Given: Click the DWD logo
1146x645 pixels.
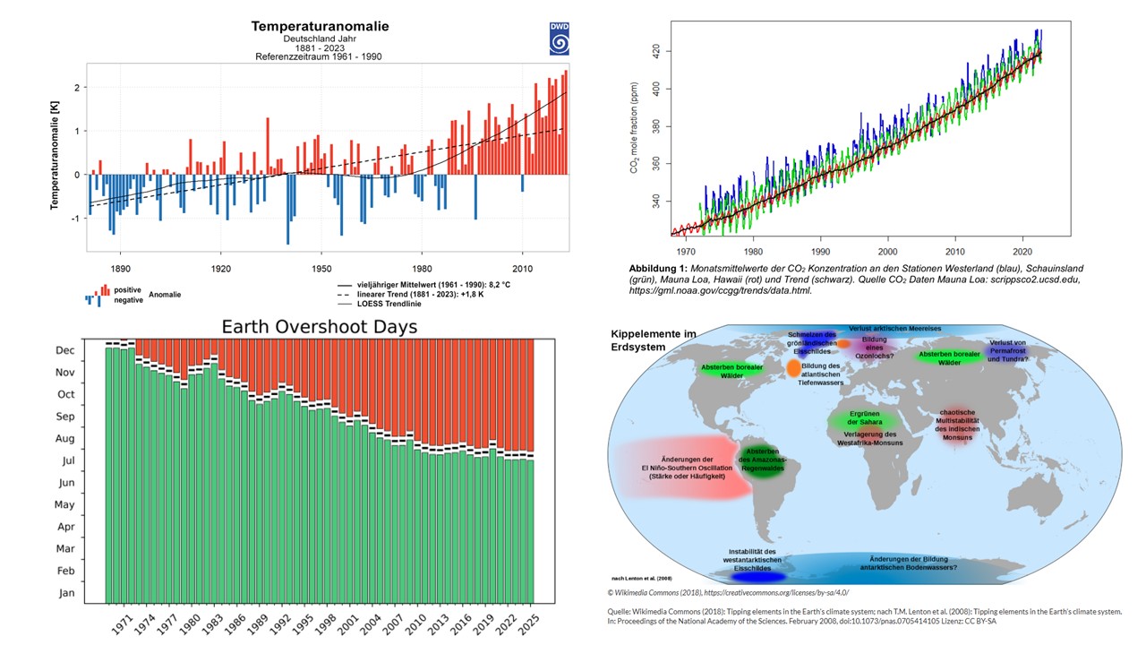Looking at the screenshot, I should click(559, 39).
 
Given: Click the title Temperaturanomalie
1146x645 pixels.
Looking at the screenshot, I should click(320, 26).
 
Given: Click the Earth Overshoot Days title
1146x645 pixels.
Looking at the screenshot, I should click(320, 327).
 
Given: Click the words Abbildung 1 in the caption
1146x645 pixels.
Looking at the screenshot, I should click(658, 268).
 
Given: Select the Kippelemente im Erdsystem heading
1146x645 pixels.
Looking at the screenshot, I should click(654, 340).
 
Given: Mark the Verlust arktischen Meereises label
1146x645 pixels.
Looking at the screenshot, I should click(887, 328).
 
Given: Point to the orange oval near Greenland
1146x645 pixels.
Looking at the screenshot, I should click(794, 367).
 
